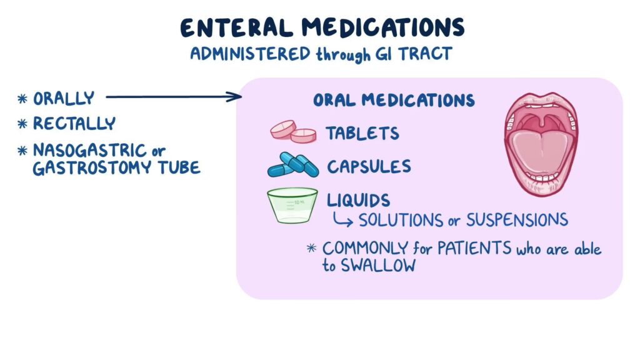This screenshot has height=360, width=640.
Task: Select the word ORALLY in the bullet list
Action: click(64, 99)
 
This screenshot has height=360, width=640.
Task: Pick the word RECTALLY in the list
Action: click(74, 124)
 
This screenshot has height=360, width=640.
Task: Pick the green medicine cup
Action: click(292, 205)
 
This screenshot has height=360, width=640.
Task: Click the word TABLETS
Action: click(362, 133)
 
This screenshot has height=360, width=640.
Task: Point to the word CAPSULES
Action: click(369, 167)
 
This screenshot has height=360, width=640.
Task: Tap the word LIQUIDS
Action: click(358, 200)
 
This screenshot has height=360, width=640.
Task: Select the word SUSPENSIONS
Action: click(517, 220)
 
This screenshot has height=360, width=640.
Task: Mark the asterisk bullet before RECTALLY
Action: click(22, 124)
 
